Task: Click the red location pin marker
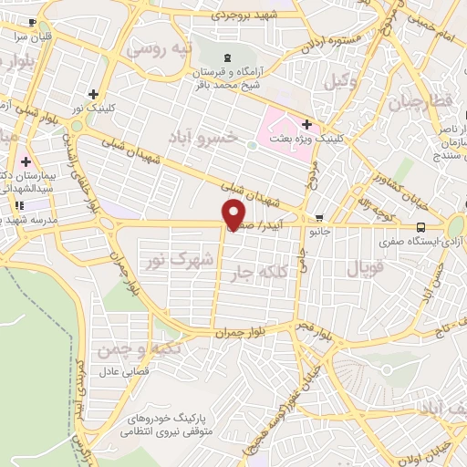(x=234, y=213)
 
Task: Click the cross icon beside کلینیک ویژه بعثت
(x=306, y=125)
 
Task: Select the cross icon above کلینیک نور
(x=95, y=94)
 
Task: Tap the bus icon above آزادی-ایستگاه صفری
(x=420, y=227)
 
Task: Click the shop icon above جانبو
(x=319, y=218)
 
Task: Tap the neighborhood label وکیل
(x=341, y=81)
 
